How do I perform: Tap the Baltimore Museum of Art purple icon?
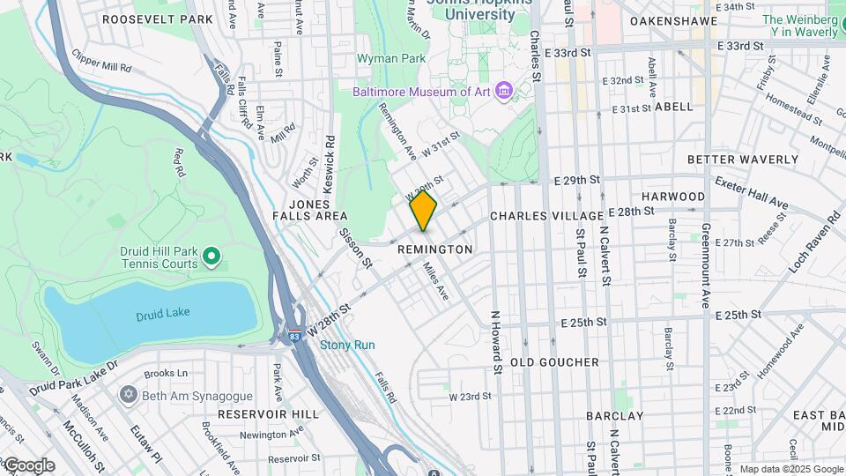coord(503,92)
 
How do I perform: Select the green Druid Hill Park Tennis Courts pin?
coord(211,257)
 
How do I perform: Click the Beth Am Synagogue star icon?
coord(130,396)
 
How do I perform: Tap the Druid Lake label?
coord(157,316)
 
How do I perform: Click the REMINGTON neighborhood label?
coord(434,249)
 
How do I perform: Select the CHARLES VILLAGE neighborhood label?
coord(546,216)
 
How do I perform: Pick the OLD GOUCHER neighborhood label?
coord(554,362)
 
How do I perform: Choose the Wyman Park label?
coord(391,58)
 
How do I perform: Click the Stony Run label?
coord(347,345)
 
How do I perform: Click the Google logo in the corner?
coord(28,465)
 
